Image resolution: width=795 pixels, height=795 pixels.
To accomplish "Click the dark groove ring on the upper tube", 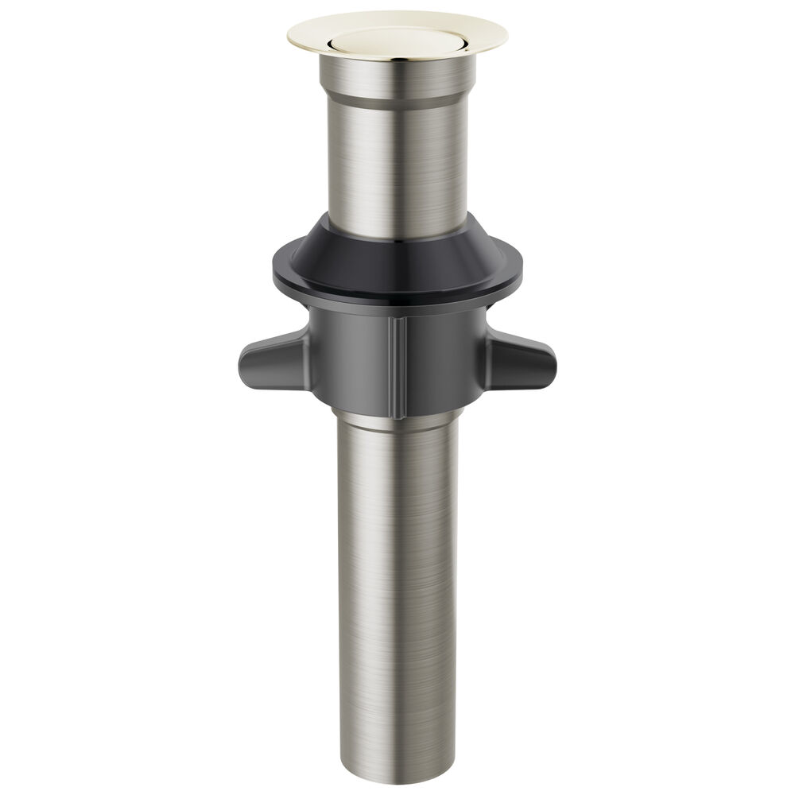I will (x=397, y=102).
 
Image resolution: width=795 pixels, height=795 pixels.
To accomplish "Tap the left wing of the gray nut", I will (x=270, y=362).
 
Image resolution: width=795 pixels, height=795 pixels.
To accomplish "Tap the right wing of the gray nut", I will (x=525, y=362).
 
